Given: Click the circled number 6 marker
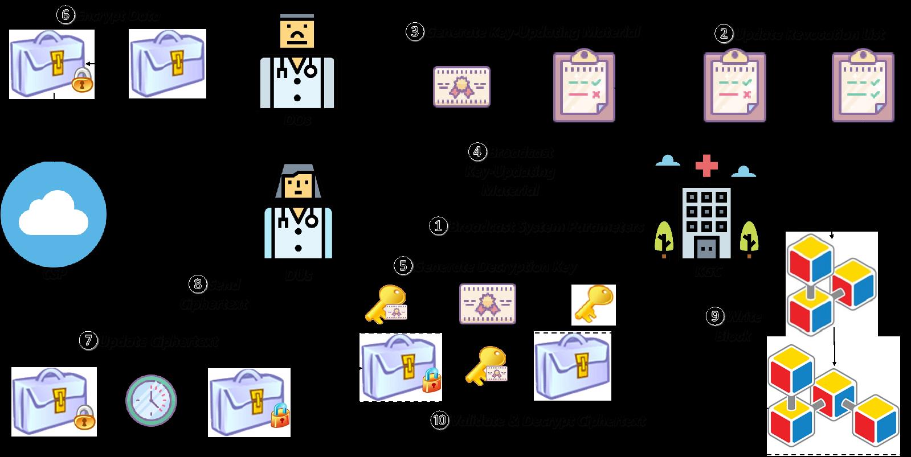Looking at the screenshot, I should [x=65, y=15].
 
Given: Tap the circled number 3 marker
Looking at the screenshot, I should [x=414, y=31].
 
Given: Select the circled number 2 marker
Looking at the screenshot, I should [x=723, y=34].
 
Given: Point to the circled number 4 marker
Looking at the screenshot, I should [x=477, y=152].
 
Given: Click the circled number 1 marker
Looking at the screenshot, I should [x=438, y=227].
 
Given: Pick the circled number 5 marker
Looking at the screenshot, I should [x=403, y=265].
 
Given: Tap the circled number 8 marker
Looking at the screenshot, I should [x=197, y=283].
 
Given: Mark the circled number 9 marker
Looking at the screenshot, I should [x=715, y=316].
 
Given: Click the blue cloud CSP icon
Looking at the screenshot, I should [x=53, y=214].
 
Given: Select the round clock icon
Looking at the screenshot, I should [x=151, y=400].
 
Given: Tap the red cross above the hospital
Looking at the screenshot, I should [x=706, y=167].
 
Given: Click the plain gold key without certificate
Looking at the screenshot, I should [x=593, y=304].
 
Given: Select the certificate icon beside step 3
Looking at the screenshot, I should [x=461, y=87].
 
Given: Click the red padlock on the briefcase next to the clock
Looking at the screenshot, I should [x=279, y=416].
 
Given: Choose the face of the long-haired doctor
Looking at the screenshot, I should [x=297, y=185].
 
